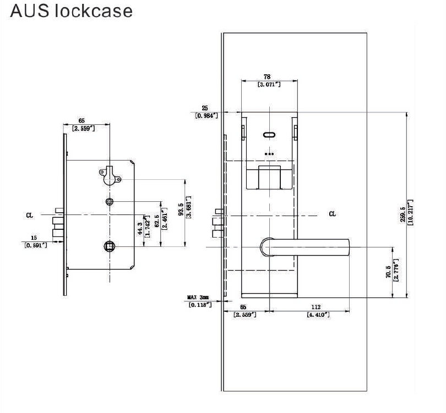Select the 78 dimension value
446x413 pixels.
click(268, 77)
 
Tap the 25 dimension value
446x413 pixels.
click(205, 108)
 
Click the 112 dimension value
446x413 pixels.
click(316, 307)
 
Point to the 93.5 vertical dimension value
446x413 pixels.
click(182, 211)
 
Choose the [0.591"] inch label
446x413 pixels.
click(36, 245)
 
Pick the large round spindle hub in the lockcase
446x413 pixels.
click(109, 247)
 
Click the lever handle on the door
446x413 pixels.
click(308, 247)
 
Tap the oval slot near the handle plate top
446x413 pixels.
click(269, 135)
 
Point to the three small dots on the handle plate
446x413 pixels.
click(269, 153)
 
